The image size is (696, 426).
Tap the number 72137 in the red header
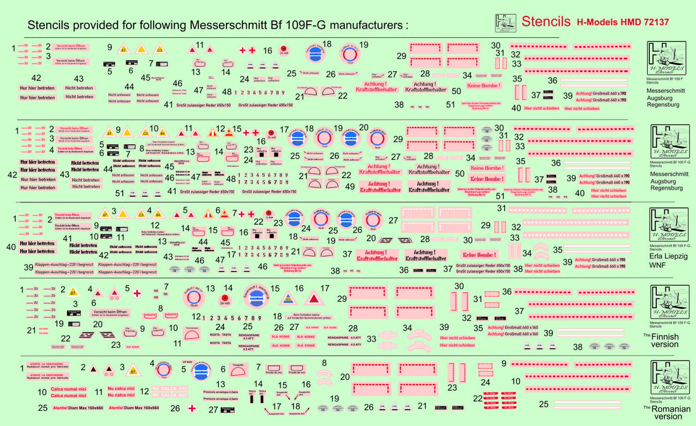(x=652, y=22)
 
